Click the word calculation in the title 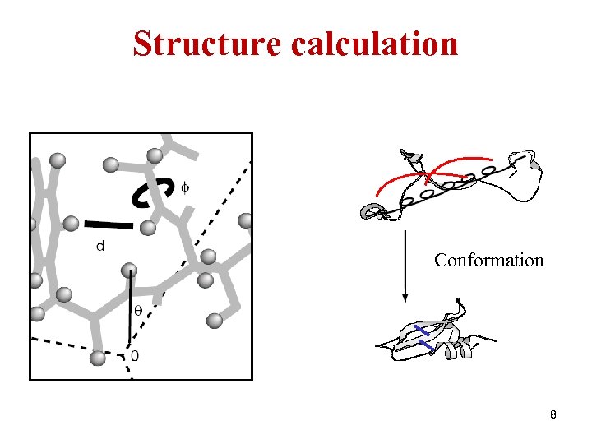click(375, 44)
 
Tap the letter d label click(99, 245)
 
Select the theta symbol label click(137, 310)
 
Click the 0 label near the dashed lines click(135, 356)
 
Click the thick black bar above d click(109, 223)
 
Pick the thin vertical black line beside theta click(129, 312)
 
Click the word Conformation click(488, 261)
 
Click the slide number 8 click(553, 415)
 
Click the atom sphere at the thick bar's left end click(72, 222)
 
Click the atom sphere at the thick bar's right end click(148, 227)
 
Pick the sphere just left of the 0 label click(98, 358)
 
